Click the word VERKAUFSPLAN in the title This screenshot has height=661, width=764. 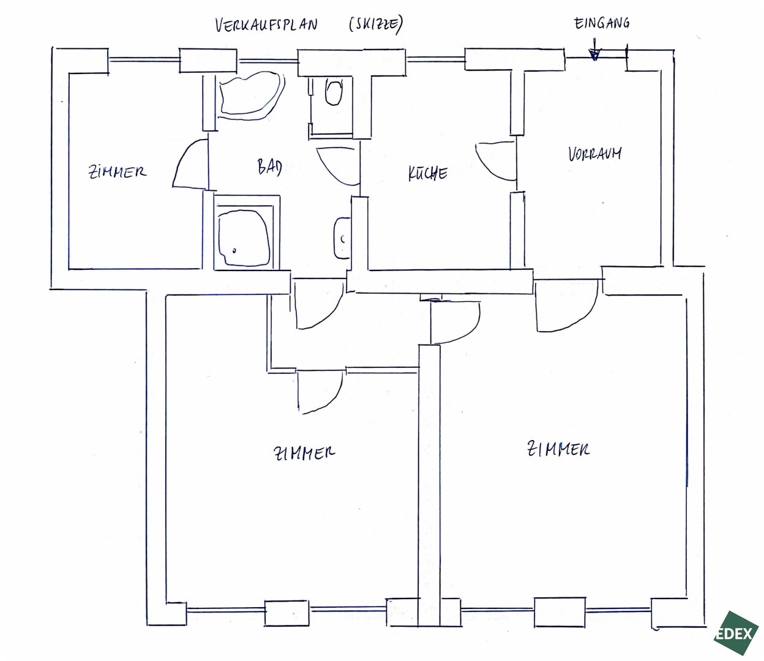[x=266, y=24]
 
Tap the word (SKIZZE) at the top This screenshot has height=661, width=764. [x=376, y=24]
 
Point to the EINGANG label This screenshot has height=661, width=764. [x=601, y=23]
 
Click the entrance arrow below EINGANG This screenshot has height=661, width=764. [x=594, y=50]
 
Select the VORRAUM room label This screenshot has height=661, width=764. [x=594, y=154]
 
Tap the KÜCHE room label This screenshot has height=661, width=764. [x=428, y=173]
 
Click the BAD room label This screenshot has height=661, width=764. [x=269, y=167]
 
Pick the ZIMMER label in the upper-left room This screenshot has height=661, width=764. [x=117, y=172]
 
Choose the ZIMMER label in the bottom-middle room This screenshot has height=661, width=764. [x=304, y=452]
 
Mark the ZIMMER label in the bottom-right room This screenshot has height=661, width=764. [x=558, y=449]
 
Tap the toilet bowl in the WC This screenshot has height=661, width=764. [x=334, y=92]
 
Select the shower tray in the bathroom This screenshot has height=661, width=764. [x=244, y=237]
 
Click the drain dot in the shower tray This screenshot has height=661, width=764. [x=234, y=251]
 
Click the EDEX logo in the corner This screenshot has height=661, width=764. [x=736, y=633]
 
